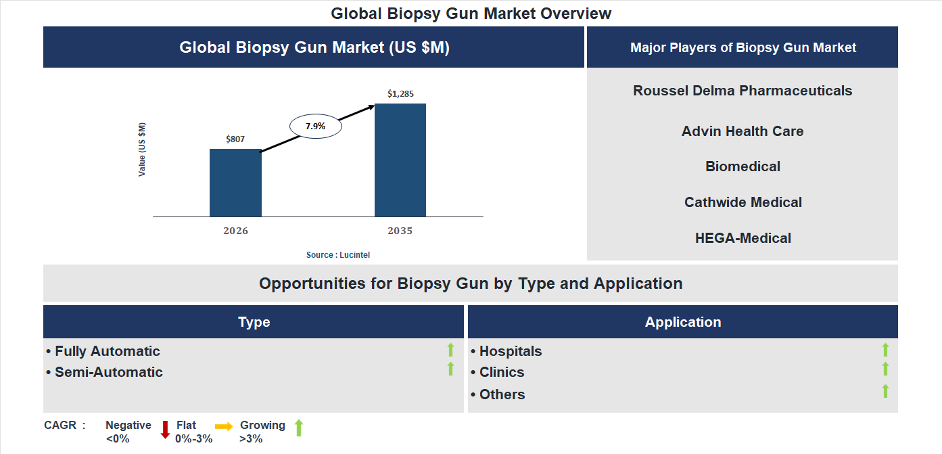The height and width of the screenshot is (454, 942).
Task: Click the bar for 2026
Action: (x=235, y=183)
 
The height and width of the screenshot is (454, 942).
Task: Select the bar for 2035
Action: (x=400, y=160)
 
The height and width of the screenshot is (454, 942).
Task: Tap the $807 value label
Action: (x=235, y=139)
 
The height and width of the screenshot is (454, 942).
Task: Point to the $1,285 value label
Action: (x=400, y=94)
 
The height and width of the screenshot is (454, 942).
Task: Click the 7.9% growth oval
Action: (x=315, y=126)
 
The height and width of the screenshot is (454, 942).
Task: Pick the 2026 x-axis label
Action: (x=235, y=231)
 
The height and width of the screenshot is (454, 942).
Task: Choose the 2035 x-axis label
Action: (x=400, y=231)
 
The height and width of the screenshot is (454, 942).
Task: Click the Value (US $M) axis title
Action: (x=142, y=150)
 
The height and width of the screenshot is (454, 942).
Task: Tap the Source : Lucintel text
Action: (x=338, y=255)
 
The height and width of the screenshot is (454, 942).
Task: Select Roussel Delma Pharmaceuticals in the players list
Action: (x=743, y=91)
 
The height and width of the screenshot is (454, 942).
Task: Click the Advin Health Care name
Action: (x=743, y=131)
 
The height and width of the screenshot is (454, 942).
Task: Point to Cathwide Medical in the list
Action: (x=743, y=202)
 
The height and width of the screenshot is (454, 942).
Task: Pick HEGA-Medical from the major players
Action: (x=743, y=238)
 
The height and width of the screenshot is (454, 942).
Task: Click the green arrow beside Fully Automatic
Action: (x=450, y=350)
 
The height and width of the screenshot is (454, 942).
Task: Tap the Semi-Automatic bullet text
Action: (x=108, y=372)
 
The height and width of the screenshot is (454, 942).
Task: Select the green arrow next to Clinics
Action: (x=885, y=369)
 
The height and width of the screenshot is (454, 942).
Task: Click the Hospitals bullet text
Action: (x=510, y=351)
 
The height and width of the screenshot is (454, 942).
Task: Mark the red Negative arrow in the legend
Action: (x=165, y=430)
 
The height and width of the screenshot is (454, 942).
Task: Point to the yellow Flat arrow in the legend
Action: (x=224, y=426)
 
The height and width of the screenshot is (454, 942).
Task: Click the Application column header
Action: (x=683, y=322)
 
